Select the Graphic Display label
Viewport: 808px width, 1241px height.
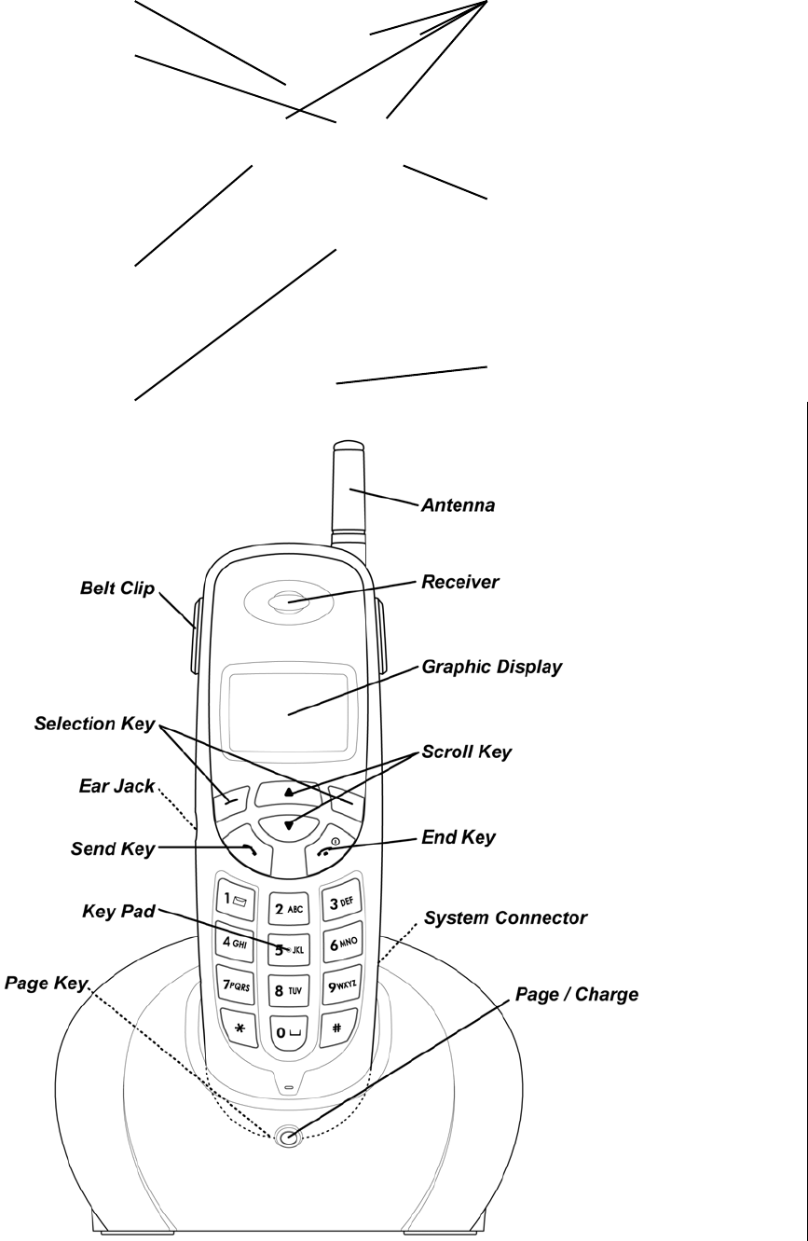[492, 668]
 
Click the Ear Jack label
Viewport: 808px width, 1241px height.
[116, 785]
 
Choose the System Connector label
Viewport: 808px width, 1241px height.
[505, 918]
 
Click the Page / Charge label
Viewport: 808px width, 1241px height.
[577, 995]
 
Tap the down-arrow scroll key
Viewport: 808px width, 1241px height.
[288, 824]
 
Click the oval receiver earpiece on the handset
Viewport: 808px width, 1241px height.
[288, 602]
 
